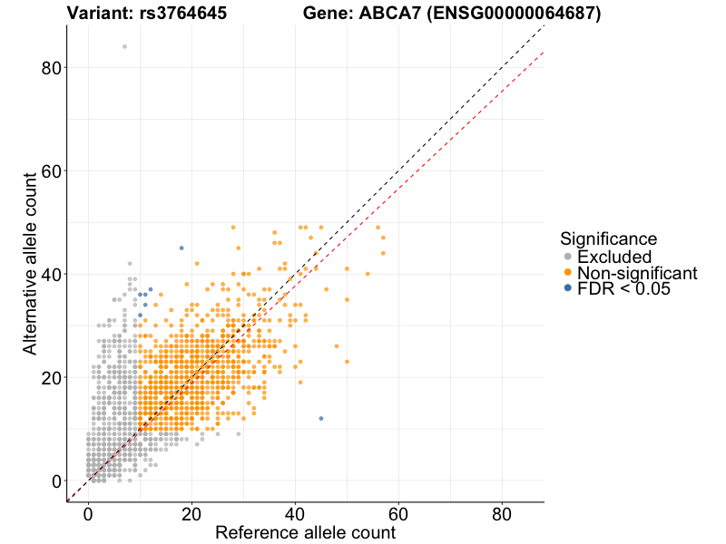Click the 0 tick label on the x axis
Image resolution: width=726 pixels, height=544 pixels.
pyautogui.click(x=88, y=514)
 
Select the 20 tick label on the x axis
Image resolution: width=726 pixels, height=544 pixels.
pyautogui.click(x=191, y=514)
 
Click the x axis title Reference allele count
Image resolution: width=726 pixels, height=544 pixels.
pyautogui.click(x=305, y=532)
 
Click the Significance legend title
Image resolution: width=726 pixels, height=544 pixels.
pyautogui.click(x=608, y=239)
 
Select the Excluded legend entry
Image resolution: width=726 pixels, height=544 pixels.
pyautogui.click(x=614, y=257)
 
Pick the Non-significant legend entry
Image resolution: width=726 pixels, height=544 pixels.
pyautogui.click(x=637, y=273)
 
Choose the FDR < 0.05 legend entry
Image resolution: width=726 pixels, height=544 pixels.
pyautogui.click(x=623, y=288)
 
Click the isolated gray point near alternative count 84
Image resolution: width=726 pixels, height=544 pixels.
pyautogui.click(x=124, y=46)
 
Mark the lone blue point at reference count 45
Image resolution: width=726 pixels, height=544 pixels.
pyautogui.click(x=321, y=418)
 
